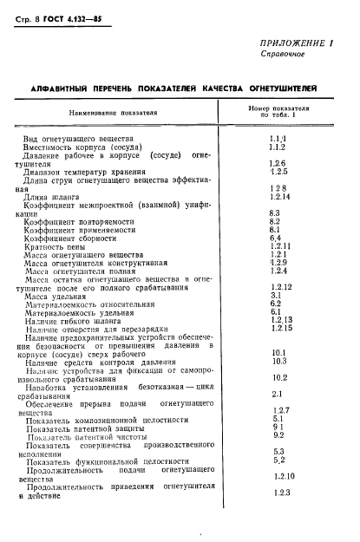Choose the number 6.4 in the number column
277,238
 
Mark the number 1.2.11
279,245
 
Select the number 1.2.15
279,327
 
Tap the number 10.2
279,377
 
